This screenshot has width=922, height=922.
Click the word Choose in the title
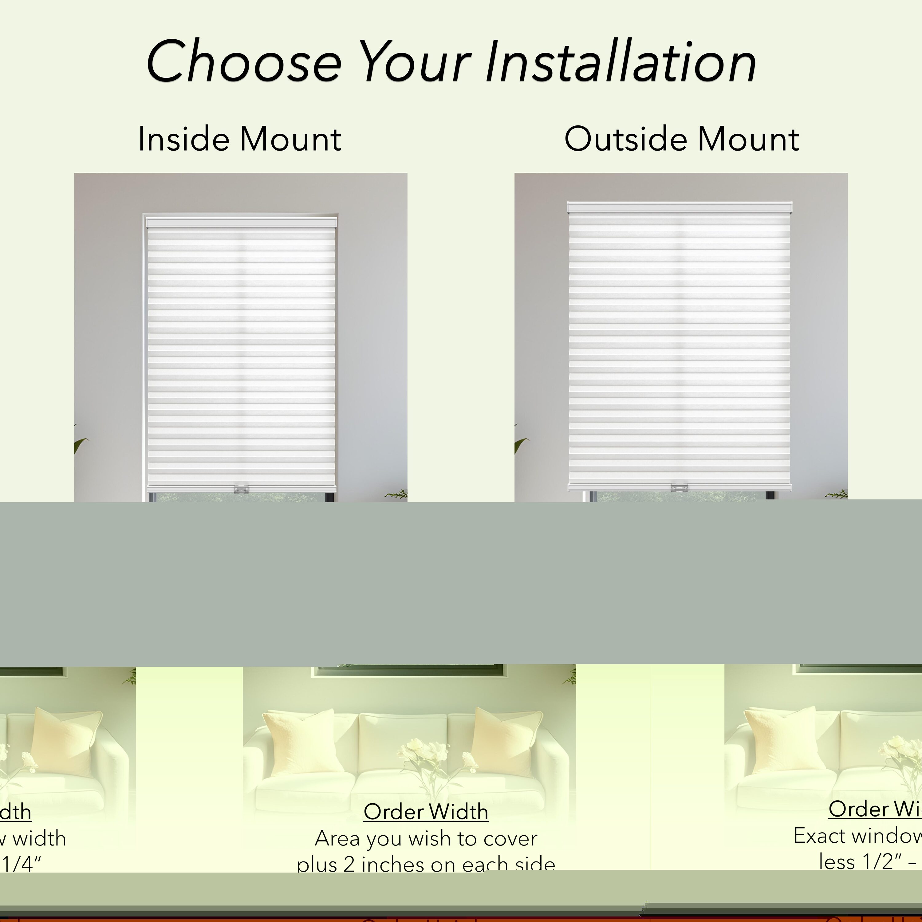(244, 62)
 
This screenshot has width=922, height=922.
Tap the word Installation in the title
(621, 62)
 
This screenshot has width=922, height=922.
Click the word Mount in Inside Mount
(290, 139)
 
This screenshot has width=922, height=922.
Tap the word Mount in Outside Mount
(748, 139)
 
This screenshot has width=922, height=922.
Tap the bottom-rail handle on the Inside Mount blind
(241, 489)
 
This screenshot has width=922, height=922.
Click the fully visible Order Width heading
(426, 812)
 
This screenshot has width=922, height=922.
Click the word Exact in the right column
(814, 836)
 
